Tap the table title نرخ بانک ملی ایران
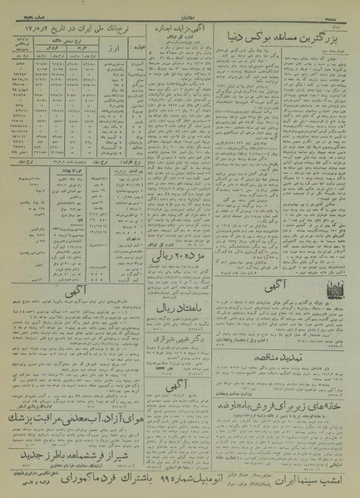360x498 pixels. pyautogui.click(x=82, y=30)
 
